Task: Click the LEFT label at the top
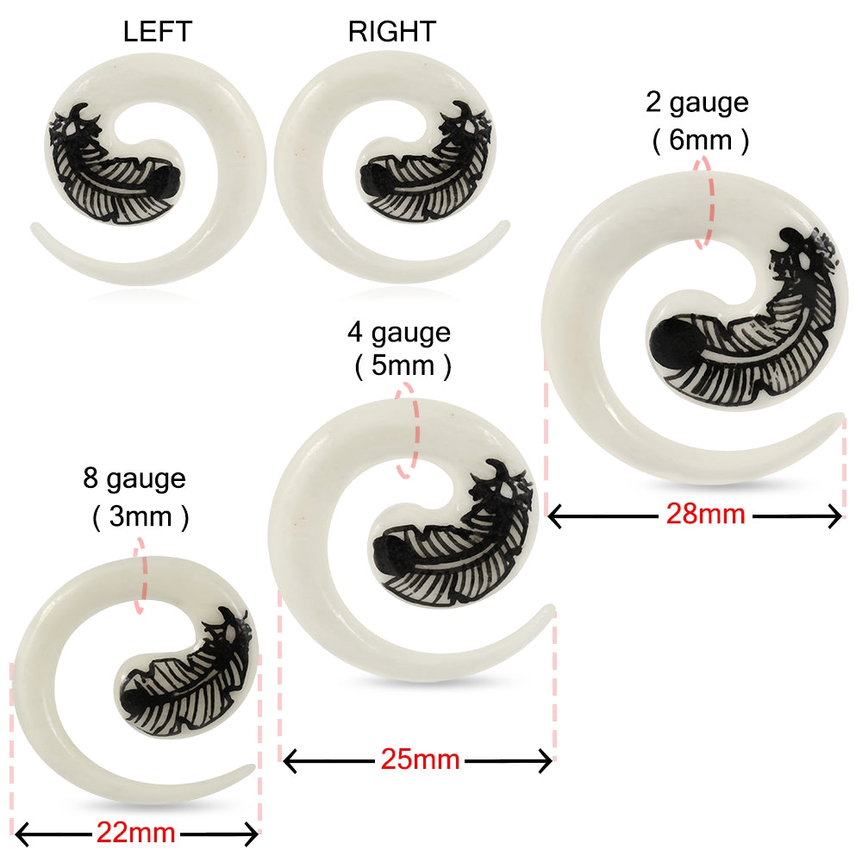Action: point(157,32)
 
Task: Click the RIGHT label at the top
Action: point(392,32)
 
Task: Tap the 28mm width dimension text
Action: point(705,515)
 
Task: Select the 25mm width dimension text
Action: point(420,759)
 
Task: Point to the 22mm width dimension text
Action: point(135,833)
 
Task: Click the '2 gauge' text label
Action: point(697,103)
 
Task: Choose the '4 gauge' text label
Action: point(399,333)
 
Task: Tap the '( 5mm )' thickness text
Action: point(403,367)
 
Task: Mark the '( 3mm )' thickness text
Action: point(139,517)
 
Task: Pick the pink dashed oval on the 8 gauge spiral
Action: point(140,578)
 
